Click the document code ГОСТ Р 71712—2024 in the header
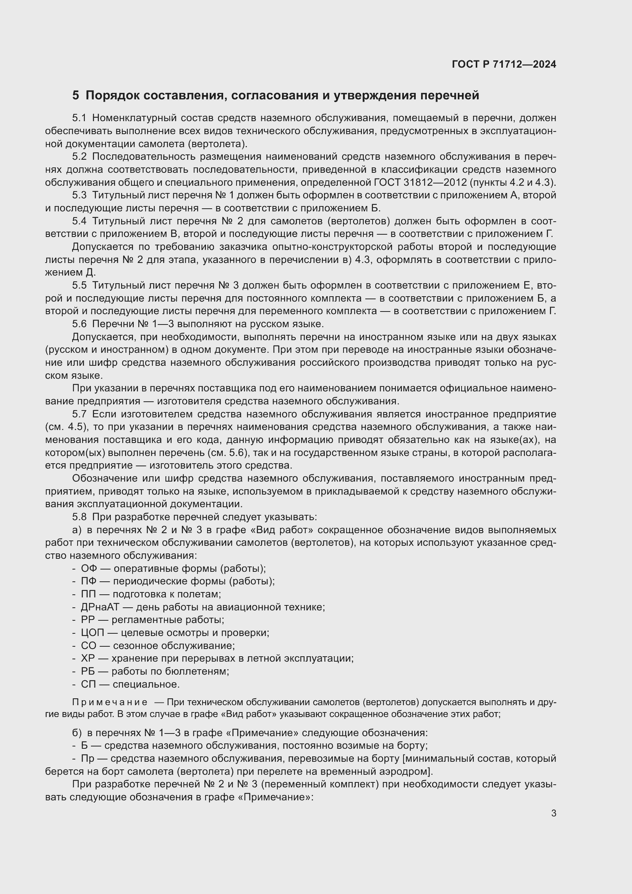504,65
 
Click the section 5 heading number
76,96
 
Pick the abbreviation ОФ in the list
89,568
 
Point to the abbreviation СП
88,684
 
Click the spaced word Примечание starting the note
110,702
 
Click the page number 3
553,813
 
